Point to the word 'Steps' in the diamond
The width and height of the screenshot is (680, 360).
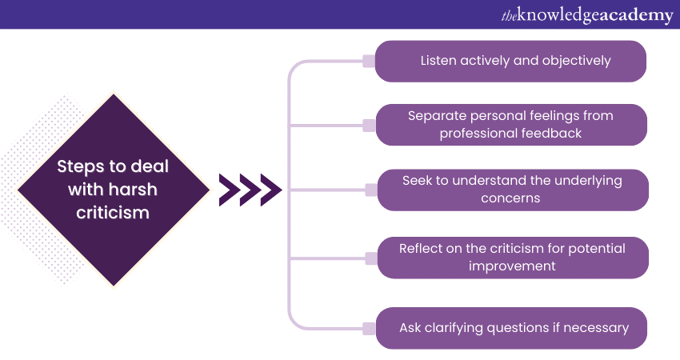pos(79,167)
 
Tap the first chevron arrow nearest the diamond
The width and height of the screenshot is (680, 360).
pos(229,190)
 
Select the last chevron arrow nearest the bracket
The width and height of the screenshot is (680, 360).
pos(270,190)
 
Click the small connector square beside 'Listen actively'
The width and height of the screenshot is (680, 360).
pos(369,61)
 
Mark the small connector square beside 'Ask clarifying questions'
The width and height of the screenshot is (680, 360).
pos(369,327)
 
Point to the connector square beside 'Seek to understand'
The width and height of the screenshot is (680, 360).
pos(369,190)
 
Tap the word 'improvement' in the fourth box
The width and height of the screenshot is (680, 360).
pos(512,266)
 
